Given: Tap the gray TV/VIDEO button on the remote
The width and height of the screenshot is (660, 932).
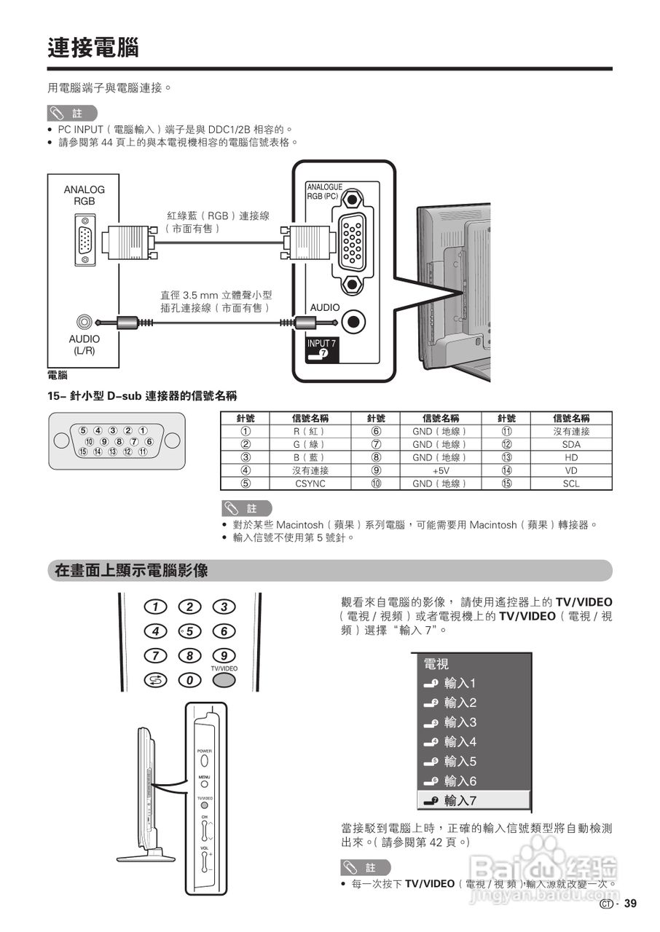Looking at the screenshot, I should (224, 680).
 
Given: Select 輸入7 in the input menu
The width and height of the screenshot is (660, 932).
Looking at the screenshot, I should (460, 800).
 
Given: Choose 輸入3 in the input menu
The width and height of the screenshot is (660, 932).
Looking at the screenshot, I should (460, 722).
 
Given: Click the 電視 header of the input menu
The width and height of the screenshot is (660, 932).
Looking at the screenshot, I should (436, 664).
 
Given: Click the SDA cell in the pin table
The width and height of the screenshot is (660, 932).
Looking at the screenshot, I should (570, 444).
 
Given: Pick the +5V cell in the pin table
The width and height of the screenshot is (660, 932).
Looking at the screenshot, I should (441, 470).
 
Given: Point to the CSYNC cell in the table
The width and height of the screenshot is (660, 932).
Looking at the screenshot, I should (310, 483).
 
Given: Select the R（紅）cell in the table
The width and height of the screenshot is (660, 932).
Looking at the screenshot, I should (310, 431).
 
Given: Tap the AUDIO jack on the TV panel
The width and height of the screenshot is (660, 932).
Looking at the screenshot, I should (353, 320).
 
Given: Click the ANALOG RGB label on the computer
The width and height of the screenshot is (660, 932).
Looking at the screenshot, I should (84, 195).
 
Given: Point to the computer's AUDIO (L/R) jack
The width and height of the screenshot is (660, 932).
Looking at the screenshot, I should (85, 321).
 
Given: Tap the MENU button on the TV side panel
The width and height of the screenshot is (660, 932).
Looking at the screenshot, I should (205, 784).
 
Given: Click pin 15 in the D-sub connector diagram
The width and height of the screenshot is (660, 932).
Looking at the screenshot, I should (84, 451).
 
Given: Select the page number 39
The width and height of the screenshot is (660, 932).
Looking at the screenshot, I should (630, 904).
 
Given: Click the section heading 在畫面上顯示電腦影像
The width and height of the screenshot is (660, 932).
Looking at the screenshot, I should (132, 571).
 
